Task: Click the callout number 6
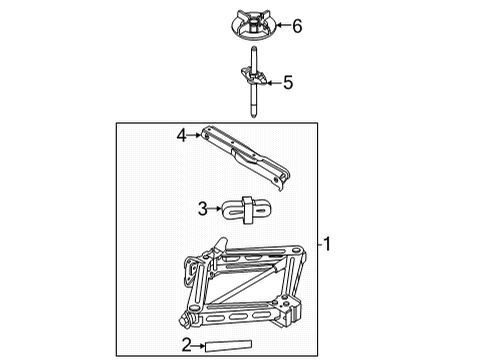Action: (x=296, y=27)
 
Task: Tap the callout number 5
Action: (x=287, y=83)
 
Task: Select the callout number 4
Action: (x=182, y=133)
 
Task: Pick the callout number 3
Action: (x=202, y=209)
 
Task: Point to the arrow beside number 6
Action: (x=279, y=27)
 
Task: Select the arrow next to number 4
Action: (x=195, y=133)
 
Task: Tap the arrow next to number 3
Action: (x=215, y=209)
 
